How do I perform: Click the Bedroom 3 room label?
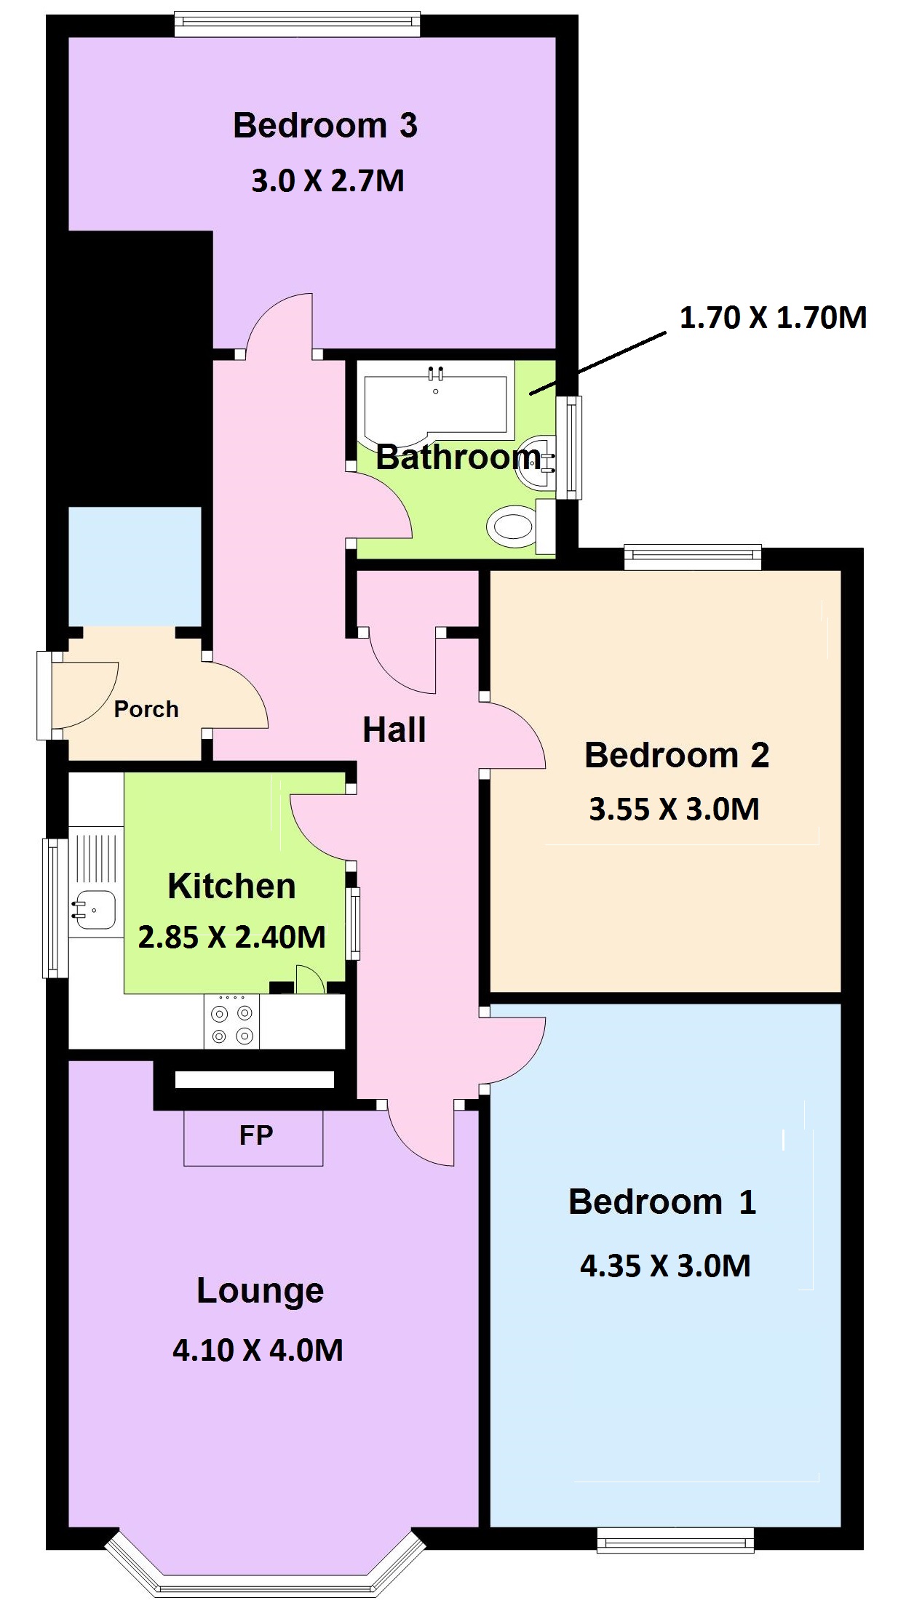pyautogui.click(x=325, y=125)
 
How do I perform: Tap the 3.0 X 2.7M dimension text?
pyautogui.click(x=327, y=180)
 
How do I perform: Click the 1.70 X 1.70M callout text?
pyautogui.click(x=773, y=318)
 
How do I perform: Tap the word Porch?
pyautogui.click(x=146, y=709)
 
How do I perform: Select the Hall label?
pyautogui.click(x=394, y=729)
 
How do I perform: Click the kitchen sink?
pyautogui.click(x=93, y=910)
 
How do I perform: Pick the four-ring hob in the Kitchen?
pyautogui.click(x=232, y=1022)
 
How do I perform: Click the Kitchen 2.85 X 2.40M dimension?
pyautogui.click(x=232, y=937)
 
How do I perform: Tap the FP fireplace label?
pyautogui.click(x=256, y=1135)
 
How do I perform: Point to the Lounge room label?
pyautogui.click(x=260, y=1290)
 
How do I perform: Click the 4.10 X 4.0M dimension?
pyautogui.click(x=258, y=1350)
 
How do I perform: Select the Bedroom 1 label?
pyautogui.click(x=662, y=1202)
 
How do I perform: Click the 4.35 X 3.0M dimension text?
pyautogui.click(x=665, y=1266)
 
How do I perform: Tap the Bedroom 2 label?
pyautogui.click(x=677, y=755)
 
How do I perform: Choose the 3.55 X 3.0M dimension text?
pyautogui.click(x=674, y=809)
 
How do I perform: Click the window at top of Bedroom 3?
pyautogui.click(x=297, y=24)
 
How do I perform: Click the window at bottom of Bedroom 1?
pyautogui.click(x=675, y=1540)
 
